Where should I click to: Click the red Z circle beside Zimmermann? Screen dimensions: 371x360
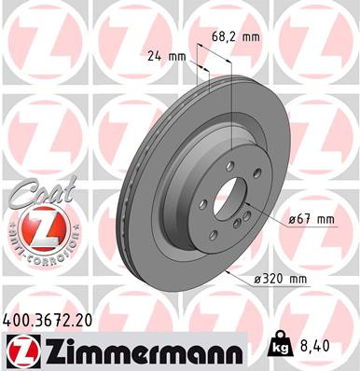pyautogui.click(x=20, y=350)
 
